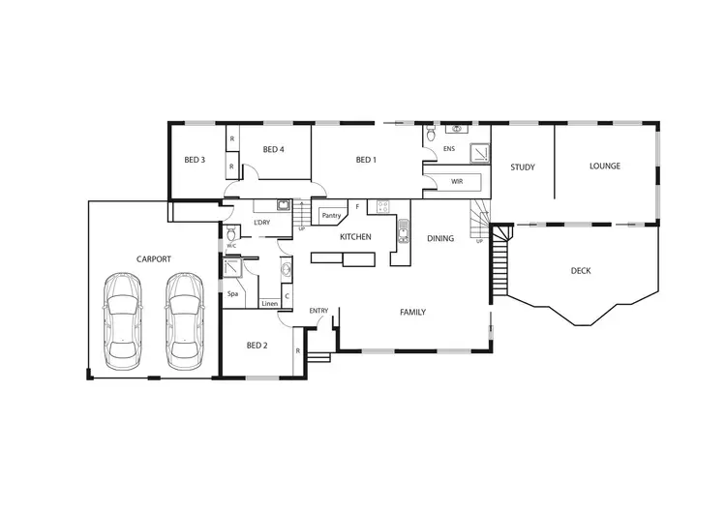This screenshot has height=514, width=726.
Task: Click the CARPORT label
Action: tap(154, 259)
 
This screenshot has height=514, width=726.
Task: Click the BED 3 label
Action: tap(195, 161)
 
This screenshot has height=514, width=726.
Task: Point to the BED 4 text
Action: tap(273, 150)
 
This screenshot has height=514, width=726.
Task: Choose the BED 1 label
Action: tap(365, 161)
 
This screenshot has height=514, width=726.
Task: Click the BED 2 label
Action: tap(256, 346)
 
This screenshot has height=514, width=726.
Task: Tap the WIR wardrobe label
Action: tap(457, 182)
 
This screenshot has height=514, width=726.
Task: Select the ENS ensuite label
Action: tap(448, 149)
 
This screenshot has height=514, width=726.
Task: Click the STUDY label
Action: tap(523, 167)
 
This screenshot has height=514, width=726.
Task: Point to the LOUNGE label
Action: tap(605, 166)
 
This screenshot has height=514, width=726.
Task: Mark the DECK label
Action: tap(581, 271)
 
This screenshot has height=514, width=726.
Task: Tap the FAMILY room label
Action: tap(413, 313)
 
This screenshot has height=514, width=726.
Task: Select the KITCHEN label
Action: tap(355, 237)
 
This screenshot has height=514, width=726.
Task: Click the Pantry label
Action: tap(332, 216)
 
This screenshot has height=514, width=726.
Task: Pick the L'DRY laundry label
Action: tap(261, 224)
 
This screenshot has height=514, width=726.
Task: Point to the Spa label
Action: tap(232, 293)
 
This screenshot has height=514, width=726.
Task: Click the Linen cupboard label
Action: tap(270, 304)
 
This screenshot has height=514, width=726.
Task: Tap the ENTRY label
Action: tap(318, 311)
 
